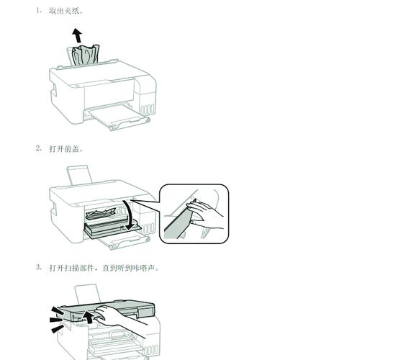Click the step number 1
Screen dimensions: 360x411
pyautogui.click(x=38, y=12)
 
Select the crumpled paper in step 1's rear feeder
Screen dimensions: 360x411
pyautogui.click(x=85, y=55)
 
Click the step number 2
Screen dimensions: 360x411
pyautogui.click(x=38, y=148)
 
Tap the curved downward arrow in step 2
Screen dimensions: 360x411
pyautogui.click(x=130, y=215)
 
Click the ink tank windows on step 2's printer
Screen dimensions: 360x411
pyautogui.click(x=147, y=230)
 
